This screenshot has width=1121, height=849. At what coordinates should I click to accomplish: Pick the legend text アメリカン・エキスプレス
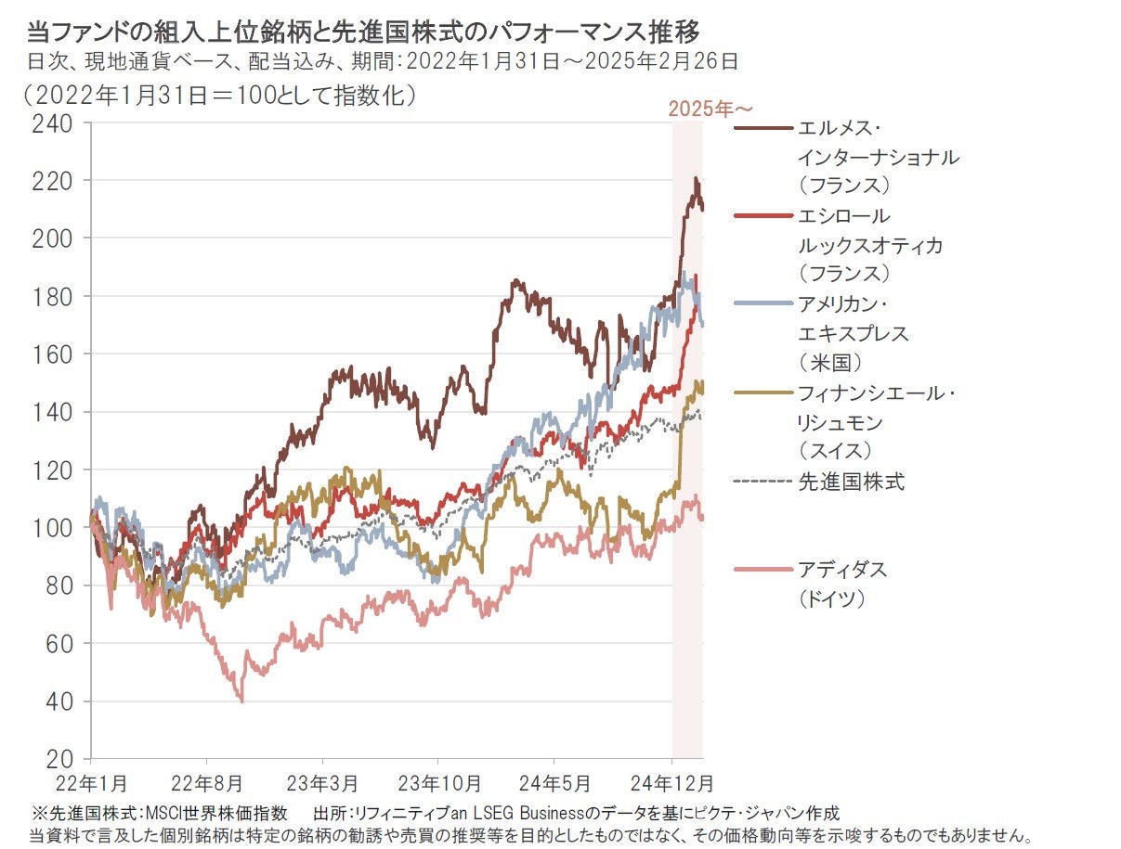point(853,318)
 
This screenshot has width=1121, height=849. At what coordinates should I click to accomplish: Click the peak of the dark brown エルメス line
point(696,178)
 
